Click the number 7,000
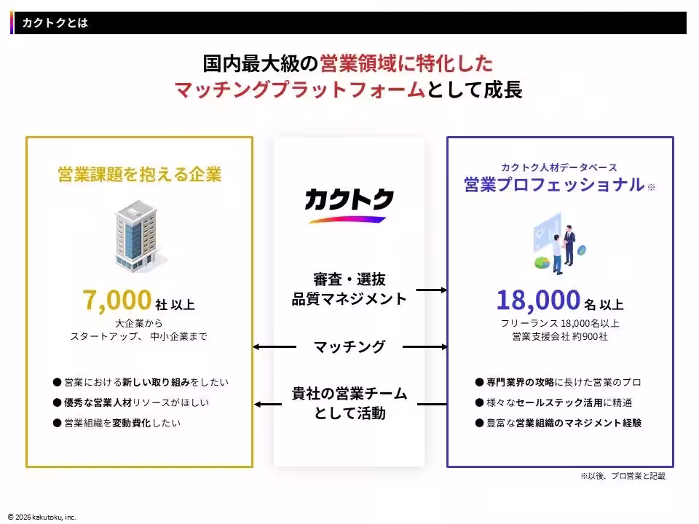click(x=117, y=300)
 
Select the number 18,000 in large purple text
click(x=538, y=300)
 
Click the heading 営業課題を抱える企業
click(x=140, y=174)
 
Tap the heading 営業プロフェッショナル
click(x=554, y=184)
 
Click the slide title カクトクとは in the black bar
click(x=55, y=23)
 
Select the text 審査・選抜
click(x=349, y=279)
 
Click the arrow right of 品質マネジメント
click(x=432, y=290)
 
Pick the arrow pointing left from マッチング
click(x=275, y=346)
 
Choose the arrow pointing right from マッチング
click(x=424, y=346)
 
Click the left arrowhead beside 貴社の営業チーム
click(x=258, y=404)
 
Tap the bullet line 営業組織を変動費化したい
click(x=116, y=423)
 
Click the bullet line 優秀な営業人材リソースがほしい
click(x=131, y=402)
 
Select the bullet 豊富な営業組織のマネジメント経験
click(x=558, y=423)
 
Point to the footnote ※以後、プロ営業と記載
click(x=623, y=476)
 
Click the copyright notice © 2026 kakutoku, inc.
click(x=42, y=517)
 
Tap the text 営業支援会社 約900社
click(x=559, y=336)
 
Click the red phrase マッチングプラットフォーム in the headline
click(x=299, y=89)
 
